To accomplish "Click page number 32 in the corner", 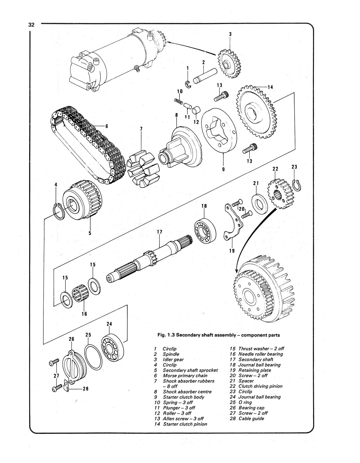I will point(31,25).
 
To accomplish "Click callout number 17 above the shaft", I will point(160,232).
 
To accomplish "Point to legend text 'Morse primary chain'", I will point(185,376).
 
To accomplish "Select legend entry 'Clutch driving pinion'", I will point(260,386).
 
